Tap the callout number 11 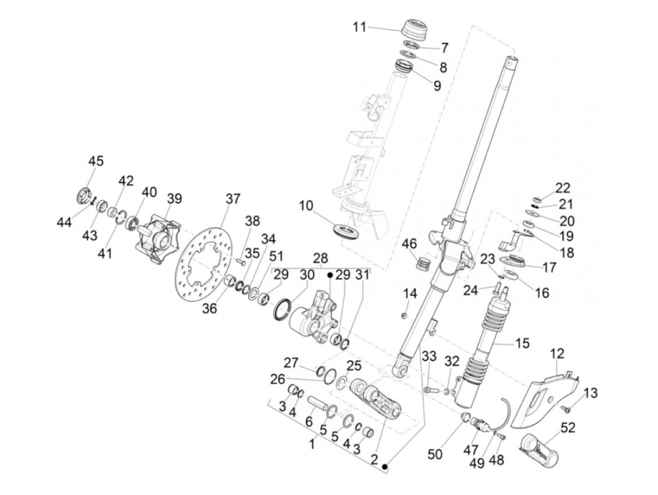coord(360,27)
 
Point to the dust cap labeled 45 coord(85,196)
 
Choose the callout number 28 coord(321,258)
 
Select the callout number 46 coord(409,243)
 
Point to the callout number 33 coord(429,356)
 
